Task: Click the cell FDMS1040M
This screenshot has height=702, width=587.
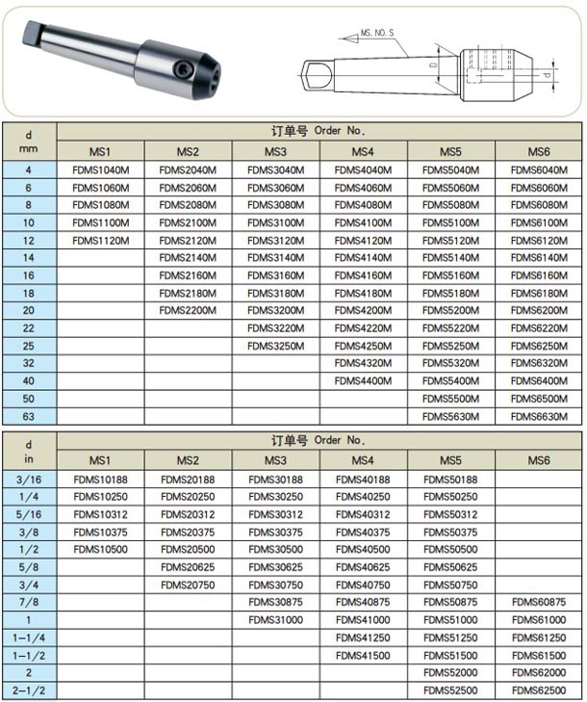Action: coord(100,170)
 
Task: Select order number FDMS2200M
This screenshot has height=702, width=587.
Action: coord(187,310)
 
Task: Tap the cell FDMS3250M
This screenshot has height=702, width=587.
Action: coord(274,346)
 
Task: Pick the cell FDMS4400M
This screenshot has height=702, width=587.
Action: coord(362,380)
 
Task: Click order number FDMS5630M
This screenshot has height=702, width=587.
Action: coord(449,416)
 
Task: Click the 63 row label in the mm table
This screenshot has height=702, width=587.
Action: coord(29,416)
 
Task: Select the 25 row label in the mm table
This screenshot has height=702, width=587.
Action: coord(29,346)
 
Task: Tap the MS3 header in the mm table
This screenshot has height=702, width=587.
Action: coord(274,152)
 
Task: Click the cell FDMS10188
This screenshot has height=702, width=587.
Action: coord(100,479)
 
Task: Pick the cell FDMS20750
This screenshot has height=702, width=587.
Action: coord(187,585)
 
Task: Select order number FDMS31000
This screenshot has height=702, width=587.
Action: coord(274,620)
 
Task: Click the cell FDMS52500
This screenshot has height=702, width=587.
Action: coord(449,690)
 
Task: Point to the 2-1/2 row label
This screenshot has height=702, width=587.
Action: coord(29,690)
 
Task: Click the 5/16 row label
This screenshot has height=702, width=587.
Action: coord(29,514)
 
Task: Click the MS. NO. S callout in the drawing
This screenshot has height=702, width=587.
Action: coord(377,33)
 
